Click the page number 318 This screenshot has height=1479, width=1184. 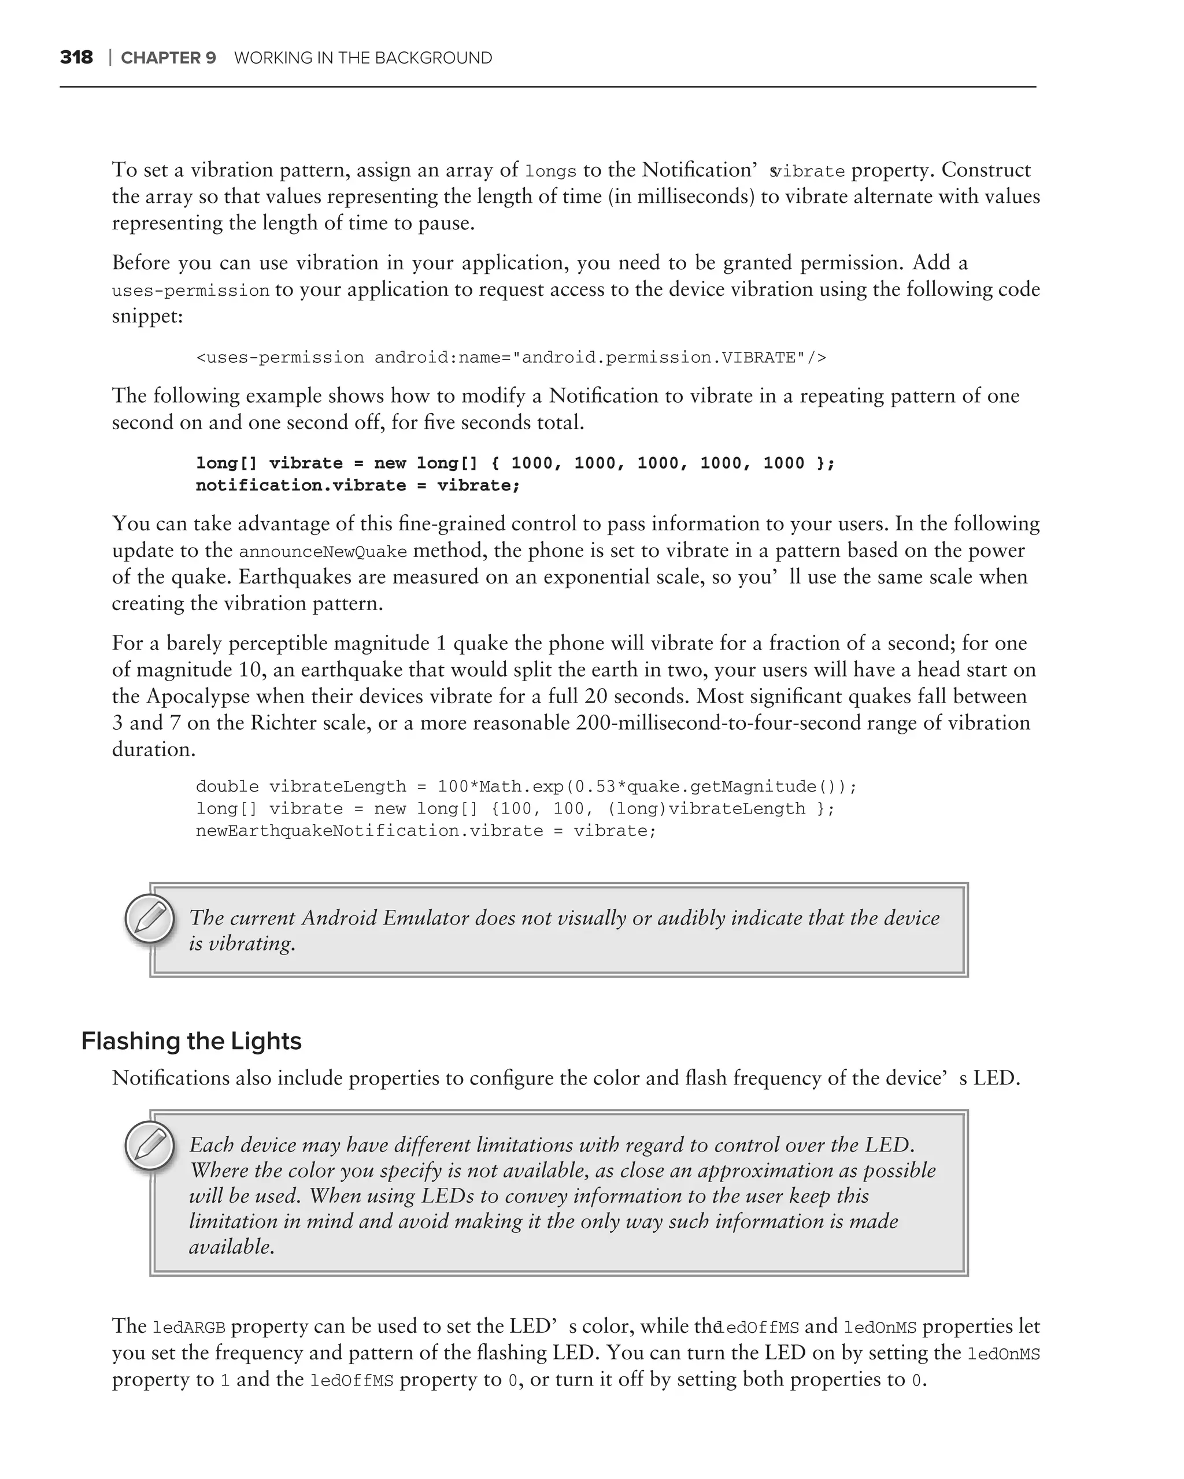click(x=76, y=58)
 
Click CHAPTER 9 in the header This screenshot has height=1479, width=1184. click(x=168, y=58)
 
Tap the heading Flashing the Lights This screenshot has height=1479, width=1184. click(x=191, y=1040)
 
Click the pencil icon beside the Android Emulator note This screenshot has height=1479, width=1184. click(x=150, y=919)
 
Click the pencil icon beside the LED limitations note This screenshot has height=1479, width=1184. click(x=150, y=1146)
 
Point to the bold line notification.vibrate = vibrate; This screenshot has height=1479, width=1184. click(x=358, y=486)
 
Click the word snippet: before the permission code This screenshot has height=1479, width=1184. click(x=147, y=315)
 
